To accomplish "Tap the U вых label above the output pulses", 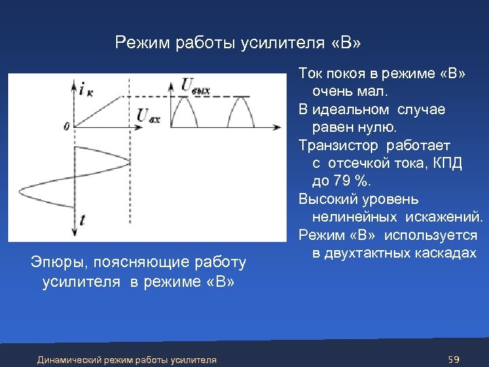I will tap(195, 85).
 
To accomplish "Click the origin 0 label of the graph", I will tap(66, 126).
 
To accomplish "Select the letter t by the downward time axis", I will tap(82, 219).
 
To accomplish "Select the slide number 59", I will tap(454, 358).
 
